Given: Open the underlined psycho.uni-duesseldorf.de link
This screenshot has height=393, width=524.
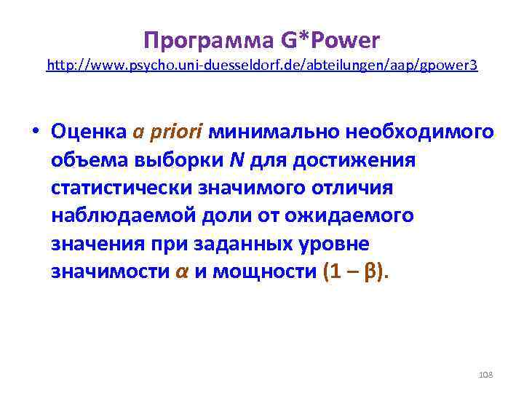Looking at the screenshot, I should pyautogui.click(x=262, y=65).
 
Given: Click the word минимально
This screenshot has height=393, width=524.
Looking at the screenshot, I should pyautogui.click(x=269, y=132).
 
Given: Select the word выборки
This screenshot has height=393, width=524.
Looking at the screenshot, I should pyautogui.click(x=186, y=159).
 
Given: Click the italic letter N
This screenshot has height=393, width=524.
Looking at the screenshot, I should pyautogui.click(x=238, y=159).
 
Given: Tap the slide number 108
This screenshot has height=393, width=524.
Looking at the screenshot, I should pyautogui.click(x=486, y=374).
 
